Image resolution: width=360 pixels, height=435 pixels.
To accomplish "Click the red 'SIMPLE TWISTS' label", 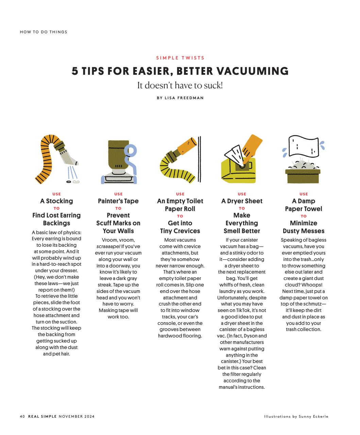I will click(180, 58).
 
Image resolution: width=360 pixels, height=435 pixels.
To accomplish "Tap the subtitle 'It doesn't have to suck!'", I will click(180, 85).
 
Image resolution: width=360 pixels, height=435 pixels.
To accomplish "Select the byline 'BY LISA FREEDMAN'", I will click(180, 98).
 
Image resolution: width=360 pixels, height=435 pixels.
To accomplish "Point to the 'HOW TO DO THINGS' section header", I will click(44, 32).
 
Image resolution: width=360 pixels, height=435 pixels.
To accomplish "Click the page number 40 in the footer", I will click(22, 416).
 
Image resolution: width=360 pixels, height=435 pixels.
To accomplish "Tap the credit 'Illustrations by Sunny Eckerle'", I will click(296, 416).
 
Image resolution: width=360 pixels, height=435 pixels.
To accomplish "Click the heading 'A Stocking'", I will click(56, 201).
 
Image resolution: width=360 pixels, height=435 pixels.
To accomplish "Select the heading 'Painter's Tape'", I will click(118, 201).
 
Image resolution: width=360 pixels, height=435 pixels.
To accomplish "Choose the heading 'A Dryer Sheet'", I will click(242, 201).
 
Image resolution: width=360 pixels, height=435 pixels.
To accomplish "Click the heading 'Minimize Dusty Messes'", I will click(304, 227).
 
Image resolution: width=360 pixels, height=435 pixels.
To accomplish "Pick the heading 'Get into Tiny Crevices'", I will click(180, 227).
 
